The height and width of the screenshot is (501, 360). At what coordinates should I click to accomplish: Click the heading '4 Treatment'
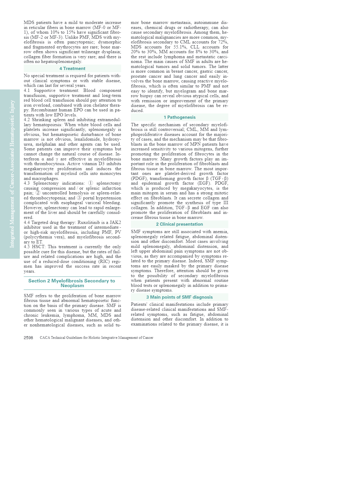(x=72, y=69)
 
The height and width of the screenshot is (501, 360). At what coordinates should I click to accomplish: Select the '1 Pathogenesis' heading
(x=179, y=117)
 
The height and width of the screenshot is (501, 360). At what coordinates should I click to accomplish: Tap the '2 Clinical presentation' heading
(x=179, y=224)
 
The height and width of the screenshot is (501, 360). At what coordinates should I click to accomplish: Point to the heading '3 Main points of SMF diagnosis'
(x=179, y=297)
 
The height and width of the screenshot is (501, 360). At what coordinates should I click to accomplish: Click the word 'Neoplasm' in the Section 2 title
(x=72, y=286)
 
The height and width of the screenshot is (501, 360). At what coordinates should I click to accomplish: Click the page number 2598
(x=28, y=338)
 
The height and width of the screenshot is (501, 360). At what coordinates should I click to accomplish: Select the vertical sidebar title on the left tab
(x=12, y=174)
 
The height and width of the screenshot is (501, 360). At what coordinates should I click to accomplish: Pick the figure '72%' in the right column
(x=223, y=42)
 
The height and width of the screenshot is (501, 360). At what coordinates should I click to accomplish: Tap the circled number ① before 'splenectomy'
(x=91, y=183)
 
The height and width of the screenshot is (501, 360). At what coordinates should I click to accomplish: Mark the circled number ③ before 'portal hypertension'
(x=79, y=198)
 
